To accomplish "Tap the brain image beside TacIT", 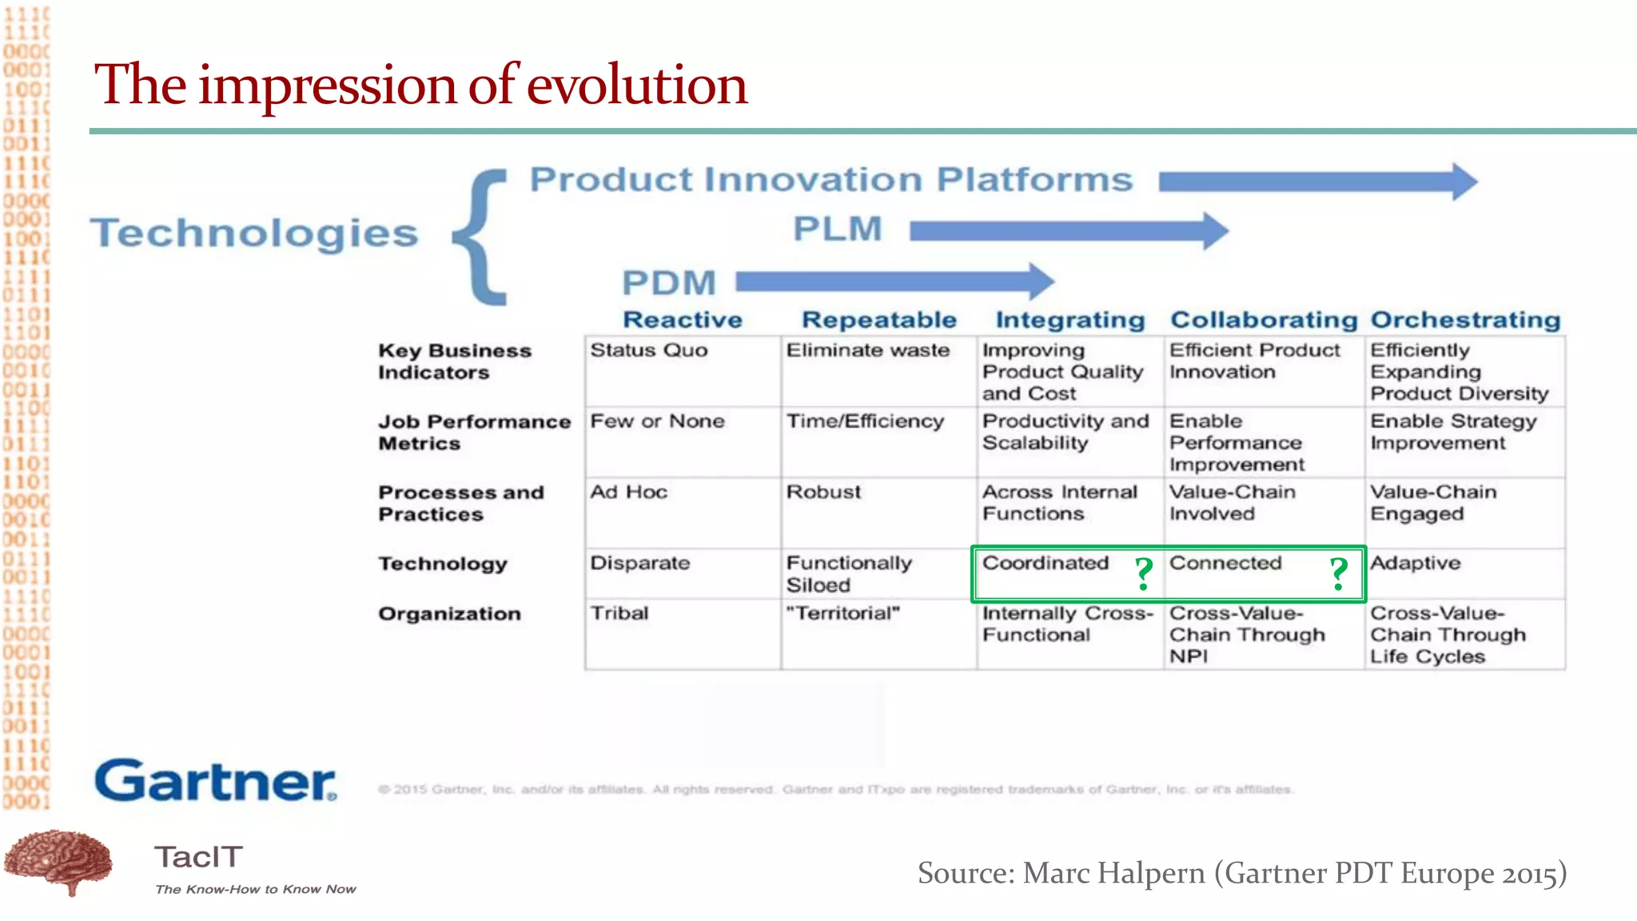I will coord(58,862).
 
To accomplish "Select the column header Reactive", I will coord(682,320).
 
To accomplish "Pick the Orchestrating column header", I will coord(1465,320).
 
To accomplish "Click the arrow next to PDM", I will coord(894,281).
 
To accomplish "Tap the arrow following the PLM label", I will coord(1068,231).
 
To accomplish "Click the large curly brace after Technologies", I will coord(482,237).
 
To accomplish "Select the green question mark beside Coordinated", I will coord(1144,573).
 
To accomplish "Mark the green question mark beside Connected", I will coord(1339,573).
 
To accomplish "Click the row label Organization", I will coord(449,614).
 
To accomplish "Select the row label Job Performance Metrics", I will coord(474,433).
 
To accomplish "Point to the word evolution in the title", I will coord(636,85).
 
